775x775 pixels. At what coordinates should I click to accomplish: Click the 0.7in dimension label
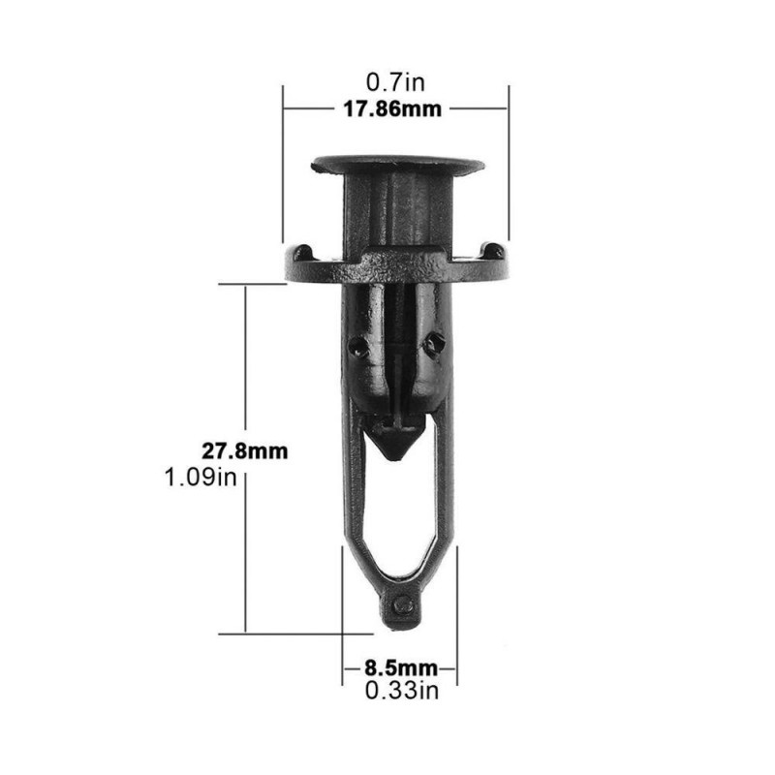coord(395,82)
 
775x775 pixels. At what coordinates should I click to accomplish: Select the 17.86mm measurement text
coord(392,109)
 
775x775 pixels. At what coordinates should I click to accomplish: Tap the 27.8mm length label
coord(245,451)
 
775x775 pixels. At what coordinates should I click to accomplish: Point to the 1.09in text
coord(201,478)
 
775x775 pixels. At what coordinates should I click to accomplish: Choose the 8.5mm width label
coord(401,668)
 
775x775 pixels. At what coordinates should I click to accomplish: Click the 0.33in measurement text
coord(402,691)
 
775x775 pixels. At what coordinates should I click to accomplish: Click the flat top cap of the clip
coord(398,165)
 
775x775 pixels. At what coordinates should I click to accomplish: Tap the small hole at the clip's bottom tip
coord(403,604)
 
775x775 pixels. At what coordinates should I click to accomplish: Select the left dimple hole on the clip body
coord(357,347)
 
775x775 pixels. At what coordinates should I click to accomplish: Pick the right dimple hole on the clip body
coord(434,344)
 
